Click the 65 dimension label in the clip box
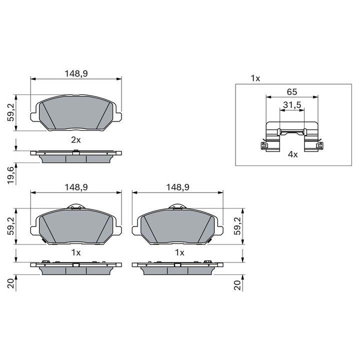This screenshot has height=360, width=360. click(292, 91)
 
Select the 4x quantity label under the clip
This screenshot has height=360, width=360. click(292, 154)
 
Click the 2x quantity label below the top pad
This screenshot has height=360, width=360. click(76, 139)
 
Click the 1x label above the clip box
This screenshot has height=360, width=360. click(255, 78)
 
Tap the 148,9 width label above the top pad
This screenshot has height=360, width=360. click(76, 73)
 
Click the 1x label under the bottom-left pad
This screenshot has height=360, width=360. click(76, 252)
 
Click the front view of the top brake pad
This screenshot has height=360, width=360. click(76, 114)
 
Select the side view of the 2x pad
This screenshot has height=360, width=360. click(76, 156)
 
